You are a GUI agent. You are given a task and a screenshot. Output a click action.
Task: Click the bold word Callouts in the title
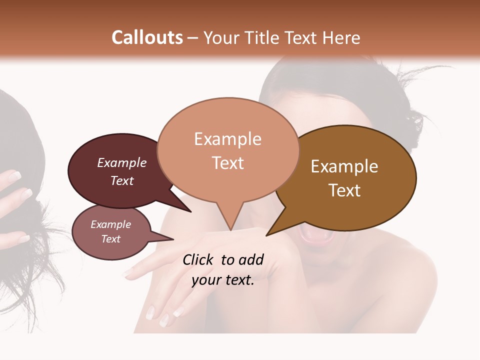147,37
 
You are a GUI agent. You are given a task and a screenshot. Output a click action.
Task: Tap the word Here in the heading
342,37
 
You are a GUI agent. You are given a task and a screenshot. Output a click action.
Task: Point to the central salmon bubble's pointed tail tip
230,230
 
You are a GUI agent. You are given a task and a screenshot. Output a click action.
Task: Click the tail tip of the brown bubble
266,235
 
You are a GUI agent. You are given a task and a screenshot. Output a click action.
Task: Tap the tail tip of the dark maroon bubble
191,212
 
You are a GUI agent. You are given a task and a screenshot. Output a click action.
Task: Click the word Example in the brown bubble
344,166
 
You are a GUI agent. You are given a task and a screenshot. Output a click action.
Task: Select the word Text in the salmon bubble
228,163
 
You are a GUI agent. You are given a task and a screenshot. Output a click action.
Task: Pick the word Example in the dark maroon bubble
122,162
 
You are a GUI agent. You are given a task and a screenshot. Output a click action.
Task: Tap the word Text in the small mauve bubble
111,239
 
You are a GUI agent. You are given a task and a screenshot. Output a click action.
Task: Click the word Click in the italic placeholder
198,259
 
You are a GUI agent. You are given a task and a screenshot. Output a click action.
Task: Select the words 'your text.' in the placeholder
223,280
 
